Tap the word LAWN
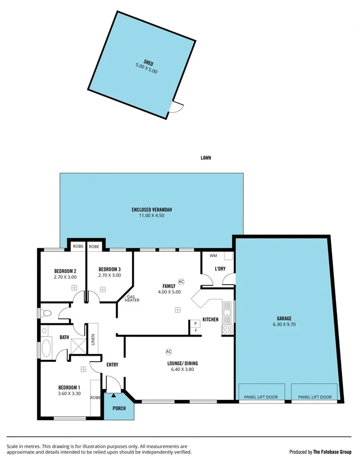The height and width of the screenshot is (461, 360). [206, 158]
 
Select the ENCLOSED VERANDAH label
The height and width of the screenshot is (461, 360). [151, 210]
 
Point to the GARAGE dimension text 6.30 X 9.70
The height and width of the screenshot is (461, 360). [284, 325]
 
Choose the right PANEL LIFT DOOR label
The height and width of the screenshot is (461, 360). [315, 397]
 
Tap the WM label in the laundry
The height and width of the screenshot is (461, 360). [213, 256]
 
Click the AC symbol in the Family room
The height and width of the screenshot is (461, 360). [181, 282]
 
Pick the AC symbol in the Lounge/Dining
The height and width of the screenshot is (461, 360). [169, 352]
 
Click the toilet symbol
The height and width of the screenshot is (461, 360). [46, 312]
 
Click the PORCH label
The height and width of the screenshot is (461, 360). [119, 408]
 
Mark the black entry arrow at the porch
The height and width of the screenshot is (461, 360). [114, 394]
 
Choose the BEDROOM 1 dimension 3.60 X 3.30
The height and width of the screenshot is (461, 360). [69, 393]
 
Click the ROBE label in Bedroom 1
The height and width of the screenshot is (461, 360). [95, 398]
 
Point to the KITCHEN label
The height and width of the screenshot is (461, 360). [210, 320]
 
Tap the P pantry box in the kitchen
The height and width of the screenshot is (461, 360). [195, 323]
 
